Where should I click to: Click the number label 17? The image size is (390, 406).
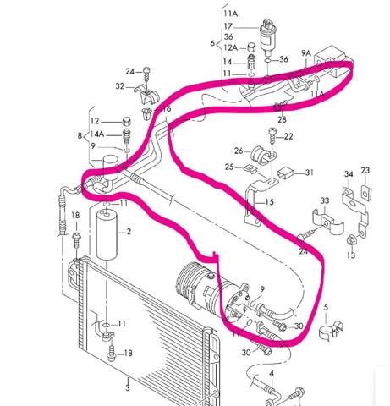[228, 26]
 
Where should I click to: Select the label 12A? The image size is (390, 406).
[230, 47]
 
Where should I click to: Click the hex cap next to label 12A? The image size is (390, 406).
[251, 47]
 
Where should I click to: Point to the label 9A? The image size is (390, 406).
[306, 52]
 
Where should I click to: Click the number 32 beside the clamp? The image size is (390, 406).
[120, 86]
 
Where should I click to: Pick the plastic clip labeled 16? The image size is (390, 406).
[147, 113]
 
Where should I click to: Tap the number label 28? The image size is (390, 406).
[282, 119]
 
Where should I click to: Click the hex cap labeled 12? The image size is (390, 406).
[127, 122]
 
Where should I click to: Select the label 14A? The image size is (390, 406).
[97, 134]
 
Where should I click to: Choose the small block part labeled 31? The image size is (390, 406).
[285, 173]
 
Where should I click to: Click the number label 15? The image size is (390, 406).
[269, 202]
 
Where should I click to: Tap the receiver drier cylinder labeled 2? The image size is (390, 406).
[107, 234]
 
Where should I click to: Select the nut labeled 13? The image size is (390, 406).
[351, 240]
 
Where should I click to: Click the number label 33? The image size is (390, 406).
[325, 200]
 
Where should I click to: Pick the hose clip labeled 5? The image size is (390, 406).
[331, 329]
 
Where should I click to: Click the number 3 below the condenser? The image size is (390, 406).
[128, 387]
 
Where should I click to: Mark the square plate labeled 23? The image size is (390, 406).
[366, 192]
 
